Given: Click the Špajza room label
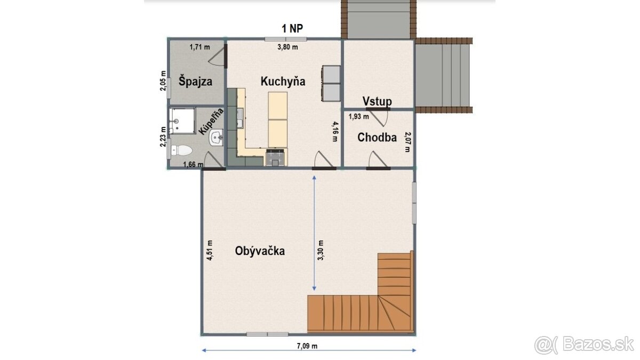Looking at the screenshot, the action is (x=195, y=81).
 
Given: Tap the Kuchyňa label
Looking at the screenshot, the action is (x=283, y=82).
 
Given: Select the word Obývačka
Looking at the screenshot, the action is (x=260, y=251).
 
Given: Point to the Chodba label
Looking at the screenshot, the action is (x=377, y=138).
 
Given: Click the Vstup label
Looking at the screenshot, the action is (x=377, y=101).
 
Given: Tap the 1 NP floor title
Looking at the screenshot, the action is (x=292, y=29).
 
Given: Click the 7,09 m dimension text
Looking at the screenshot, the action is (x=307, y=346).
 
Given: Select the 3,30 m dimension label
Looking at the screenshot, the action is (x=321, y=250).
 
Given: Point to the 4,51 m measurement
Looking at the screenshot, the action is (x=210, y=250).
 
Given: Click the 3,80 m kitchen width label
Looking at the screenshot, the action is (x=287, y=47).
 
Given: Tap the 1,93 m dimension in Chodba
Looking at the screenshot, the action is (x=358, y=117).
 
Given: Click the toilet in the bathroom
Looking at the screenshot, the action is (x=181, y=150).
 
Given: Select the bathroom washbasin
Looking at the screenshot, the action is (x=217, y=138).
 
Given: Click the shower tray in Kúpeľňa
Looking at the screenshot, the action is (x=182, y=121).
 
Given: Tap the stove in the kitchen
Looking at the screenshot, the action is (x=275, y=157).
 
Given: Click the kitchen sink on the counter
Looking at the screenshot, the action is (x=240, y=118).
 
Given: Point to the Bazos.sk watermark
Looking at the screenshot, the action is (x=585, y=345).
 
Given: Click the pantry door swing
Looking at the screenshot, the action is (x=217, y=57).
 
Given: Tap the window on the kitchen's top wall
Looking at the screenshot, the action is (x=286, y=39).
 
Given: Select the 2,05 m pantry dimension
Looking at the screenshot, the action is (x=163, y=81).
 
